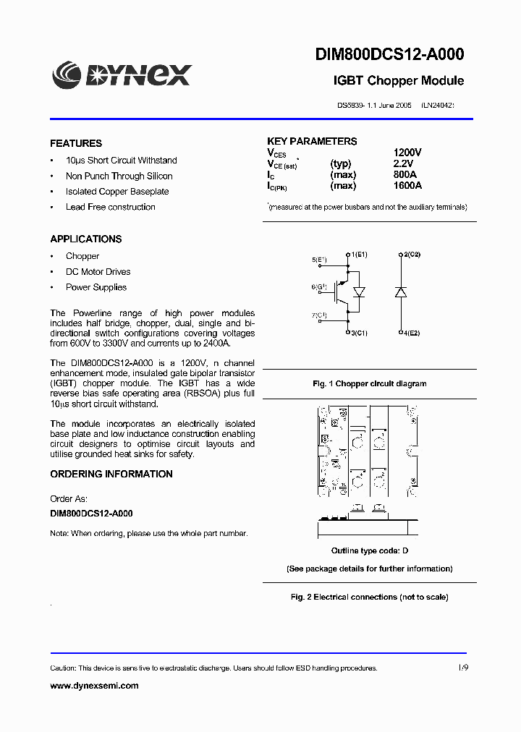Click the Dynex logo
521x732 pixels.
click(121, 73)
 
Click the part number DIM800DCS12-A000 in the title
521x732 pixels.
click(389, 54)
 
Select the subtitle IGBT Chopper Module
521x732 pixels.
click(398, 81)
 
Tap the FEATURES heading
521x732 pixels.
click(76, 143)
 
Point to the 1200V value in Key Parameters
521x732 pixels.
click(407, 153)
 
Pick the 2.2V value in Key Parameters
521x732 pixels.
click(404, 164)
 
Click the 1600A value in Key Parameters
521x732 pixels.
click(408, 186)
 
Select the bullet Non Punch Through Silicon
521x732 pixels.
click(119, 176)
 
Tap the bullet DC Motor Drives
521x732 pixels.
click(98, 272)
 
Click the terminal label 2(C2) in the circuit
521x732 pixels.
click(412, 255)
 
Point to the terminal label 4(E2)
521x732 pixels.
click(412, 333)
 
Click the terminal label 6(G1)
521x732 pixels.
click(319, 287)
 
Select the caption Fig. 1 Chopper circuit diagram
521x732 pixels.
click(369, 384)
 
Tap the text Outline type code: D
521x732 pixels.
click(369, 551)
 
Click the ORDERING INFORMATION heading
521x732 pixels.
click(111, 474)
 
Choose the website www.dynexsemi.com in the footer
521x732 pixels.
click(94, 686)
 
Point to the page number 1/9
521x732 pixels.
click(463, 668)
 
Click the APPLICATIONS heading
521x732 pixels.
click(86, 239)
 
